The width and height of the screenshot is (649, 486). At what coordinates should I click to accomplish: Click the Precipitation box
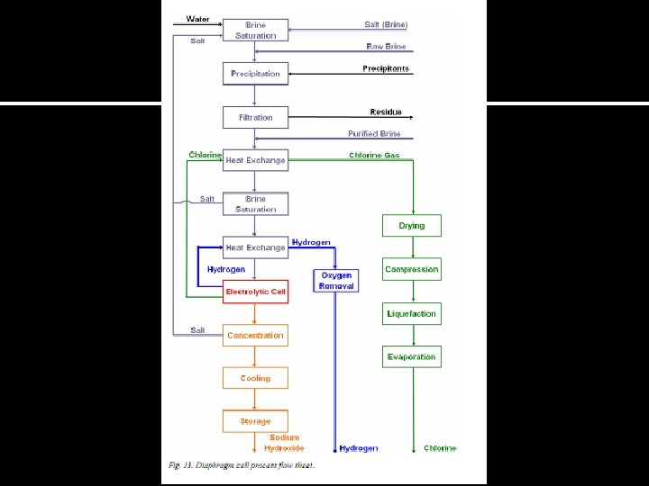(x=256, y=74)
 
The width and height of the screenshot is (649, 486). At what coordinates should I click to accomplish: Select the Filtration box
(x=256, y=118)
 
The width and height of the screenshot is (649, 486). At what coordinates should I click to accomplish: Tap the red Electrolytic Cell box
(x=256, y=292)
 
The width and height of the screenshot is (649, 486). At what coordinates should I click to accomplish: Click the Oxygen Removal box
(x=336, y=280)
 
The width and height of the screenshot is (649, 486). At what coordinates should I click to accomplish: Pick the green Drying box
(x=412, y=226)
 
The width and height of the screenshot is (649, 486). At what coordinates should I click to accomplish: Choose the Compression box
(x=412, y=269)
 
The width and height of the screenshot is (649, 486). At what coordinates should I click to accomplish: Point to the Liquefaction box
(x=412, y=314)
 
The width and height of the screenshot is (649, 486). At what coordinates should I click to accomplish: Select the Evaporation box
(x=412, y=357)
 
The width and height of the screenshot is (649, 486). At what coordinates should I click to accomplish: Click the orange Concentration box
(x=256, y=336)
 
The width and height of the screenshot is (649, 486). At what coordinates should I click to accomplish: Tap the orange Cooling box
(x=256, y=379)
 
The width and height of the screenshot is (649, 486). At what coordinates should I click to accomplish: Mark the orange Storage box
(x=256, y=421)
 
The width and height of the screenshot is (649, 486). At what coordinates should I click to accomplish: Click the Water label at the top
(x=197, y=19)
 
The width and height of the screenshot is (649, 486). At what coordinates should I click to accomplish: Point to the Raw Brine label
(x=386, y=46)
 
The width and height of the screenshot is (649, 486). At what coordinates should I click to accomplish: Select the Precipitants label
(x=386, y=68)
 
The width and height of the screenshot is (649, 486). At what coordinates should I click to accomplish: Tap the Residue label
(x=386, y=112)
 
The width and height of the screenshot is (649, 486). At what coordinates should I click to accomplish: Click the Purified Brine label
(x=374, y=134)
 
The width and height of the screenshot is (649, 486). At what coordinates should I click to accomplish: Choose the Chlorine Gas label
(x=374, y=156)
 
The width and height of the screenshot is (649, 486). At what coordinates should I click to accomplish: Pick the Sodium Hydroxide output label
(x=284, y=443)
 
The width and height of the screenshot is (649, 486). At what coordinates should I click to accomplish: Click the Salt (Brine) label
(x=386, y=24)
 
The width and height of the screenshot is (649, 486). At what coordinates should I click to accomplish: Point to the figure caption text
(x=242, y=465)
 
